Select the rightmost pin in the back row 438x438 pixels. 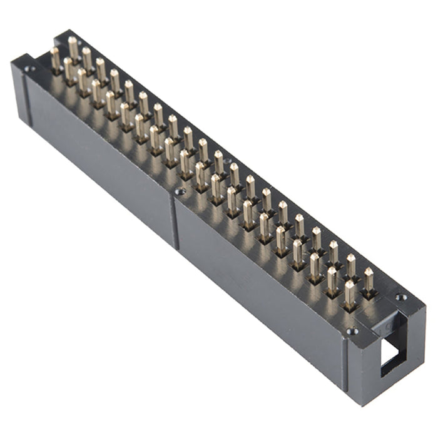[x=368, y=279]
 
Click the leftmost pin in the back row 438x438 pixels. [x=73, y=48]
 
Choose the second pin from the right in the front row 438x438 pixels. [x=332, y=280]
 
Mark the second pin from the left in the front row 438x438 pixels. [x=69, y=69]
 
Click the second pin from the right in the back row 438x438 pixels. [x=351, y=265]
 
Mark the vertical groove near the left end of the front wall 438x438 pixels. [x=25, y=100]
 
